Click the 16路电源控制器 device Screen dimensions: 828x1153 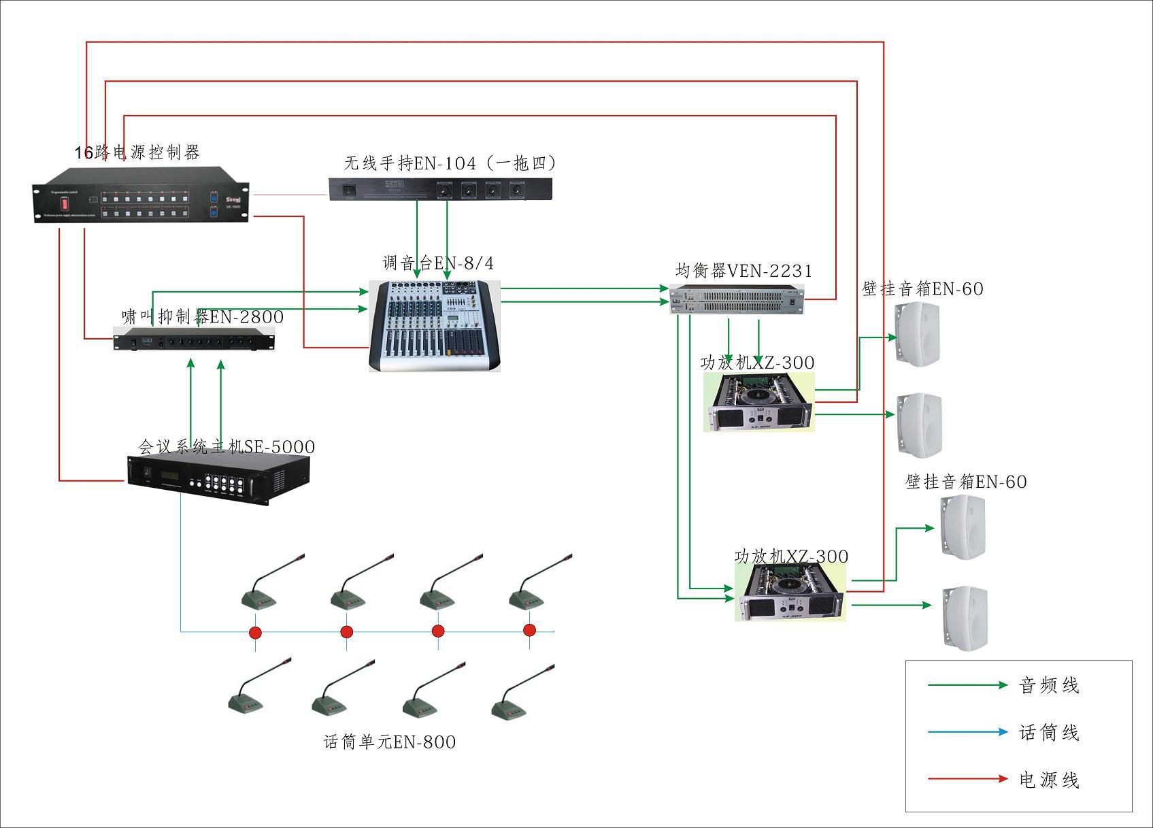click(140, 195)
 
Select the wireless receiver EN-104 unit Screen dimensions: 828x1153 click(440, 189)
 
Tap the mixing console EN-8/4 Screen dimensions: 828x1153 click(435, 326)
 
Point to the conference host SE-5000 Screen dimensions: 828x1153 click(218, 479)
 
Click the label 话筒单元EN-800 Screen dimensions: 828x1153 click(390, 742)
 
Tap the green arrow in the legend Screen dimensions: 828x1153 click(967, 685)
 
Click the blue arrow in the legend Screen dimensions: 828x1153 click(967, 733)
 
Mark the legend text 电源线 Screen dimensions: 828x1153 click(1049, 780)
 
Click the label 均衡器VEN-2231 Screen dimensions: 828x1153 click(743, 271)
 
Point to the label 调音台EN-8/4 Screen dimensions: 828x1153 click(438, 263)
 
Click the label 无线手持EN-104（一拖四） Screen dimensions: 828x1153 click(450, 163)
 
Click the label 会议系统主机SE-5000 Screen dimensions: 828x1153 click(227, 447)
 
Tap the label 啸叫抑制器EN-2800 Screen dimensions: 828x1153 click(202, 316)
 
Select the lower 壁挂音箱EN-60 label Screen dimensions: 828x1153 click(966, 482)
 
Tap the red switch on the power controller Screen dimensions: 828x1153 click(65, 203)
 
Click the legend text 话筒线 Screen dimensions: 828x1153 click(1049, 733)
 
